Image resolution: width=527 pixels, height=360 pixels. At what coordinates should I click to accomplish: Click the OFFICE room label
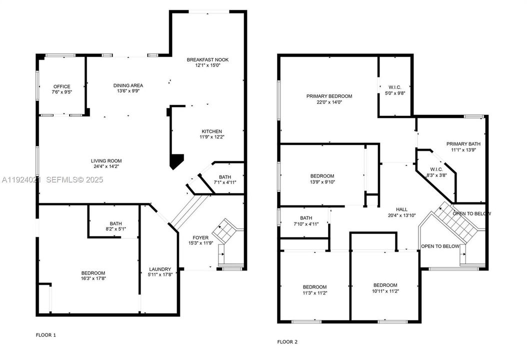click(61, 86)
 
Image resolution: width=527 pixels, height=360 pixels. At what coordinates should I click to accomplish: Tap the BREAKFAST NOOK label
click(207, 60)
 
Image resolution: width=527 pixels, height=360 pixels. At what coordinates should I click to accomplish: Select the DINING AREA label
click(128, 85)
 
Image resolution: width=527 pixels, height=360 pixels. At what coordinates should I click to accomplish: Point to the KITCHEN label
click(212, 131)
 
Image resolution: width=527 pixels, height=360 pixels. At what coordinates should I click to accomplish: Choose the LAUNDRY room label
click(159, 269)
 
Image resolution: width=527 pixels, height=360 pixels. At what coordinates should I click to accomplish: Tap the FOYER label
click(200, 237)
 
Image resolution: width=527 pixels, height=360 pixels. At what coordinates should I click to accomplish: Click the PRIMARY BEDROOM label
click(329, 96)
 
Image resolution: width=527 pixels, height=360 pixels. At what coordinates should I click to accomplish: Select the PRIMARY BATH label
click(462, 144)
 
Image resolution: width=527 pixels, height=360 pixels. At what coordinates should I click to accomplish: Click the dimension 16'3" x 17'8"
click(93, 278)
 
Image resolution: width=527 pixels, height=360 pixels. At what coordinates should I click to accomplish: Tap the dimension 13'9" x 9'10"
click(322, 182)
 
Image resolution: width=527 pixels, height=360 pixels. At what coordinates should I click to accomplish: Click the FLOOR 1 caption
click(46, 334)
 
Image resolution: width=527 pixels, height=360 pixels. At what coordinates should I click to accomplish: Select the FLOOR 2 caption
click(287, 342)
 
